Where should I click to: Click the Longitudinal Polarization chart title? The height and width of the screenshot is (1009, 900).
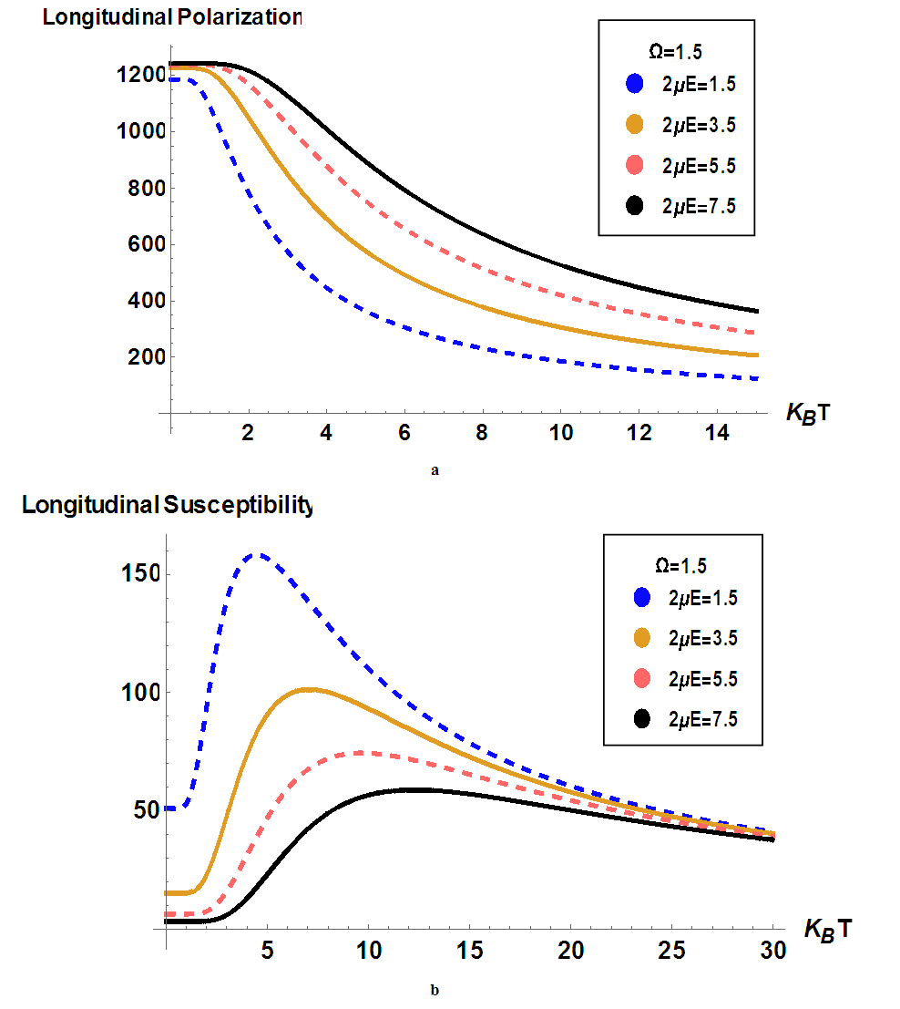point(171,17)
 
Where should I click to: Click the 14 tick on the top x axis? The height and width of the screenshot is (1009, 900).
point(720,433)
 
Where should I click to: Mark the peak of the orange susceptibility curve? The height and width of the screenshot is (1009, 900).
point(309,689)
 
